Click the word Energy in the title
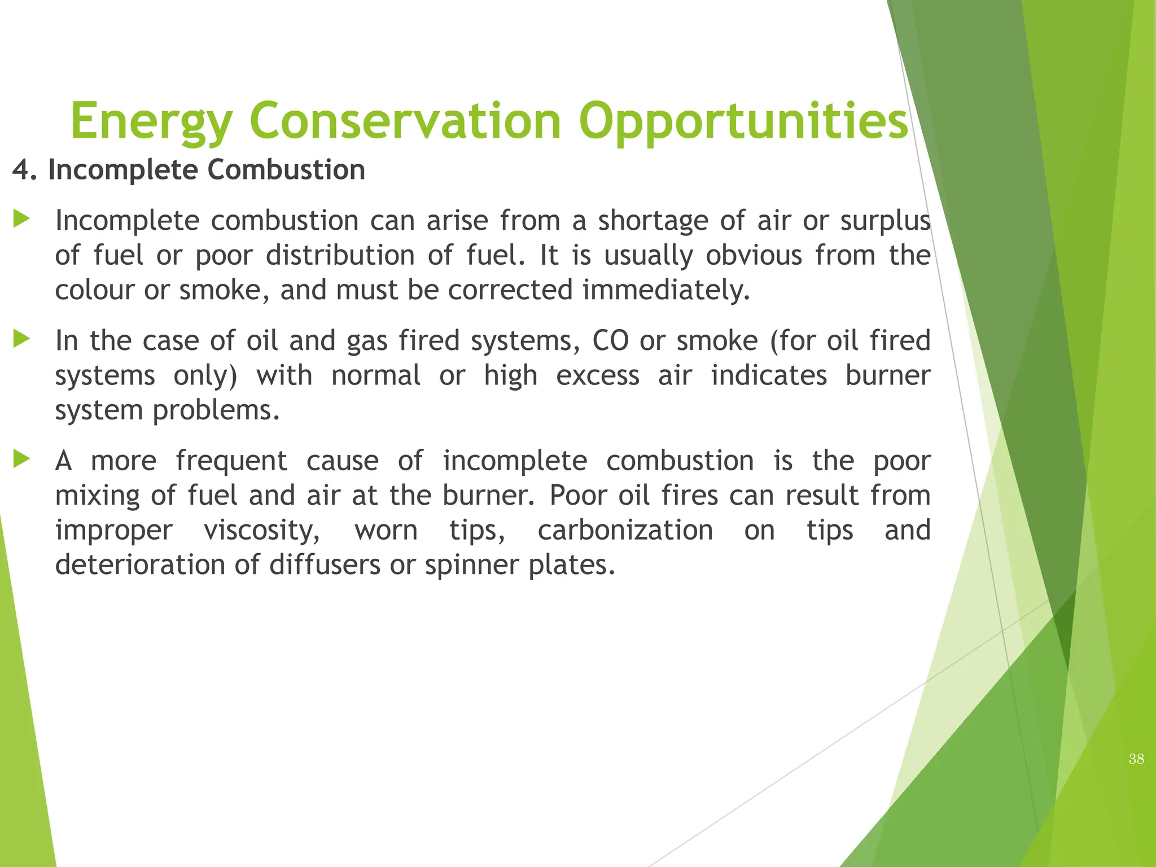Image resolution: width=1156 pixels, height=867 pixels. [x=151, y=121]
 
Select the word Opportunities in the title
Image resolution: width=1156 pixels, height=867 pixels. [x=743, y=121]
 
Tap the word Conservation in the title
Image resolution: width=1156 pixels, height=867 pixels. [x=405, y=121]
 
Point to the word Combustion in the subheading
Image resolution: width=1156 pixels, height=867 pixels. [x=286, y=170]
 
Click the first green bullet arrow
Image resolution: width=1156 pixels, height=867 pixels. [x=21, y=219]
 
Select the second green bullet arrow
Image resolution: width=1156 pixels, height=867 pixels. [x=21, y=339]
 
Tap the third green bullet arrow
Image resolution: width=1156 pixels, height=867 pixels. [x=21, y=459]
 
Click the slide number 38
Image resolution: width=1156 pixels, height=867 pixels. [x=1136, y=759]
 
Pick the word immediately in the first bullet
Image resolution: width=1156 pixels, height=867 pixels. [x=665, y=290]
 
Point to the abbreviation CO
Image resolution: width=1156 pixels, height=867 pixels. [x=610, y=340]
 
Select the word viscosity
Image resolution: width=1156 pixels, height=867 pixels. [x=262, y=531]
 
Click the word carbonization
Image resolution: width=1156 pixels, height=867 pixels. [x=625, y=530]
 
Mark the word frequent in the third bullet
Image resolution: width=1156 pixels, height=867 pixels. [x=231, y=461]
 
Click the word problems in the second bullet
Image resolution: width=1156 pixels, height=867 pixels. [x=216, y=411]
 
